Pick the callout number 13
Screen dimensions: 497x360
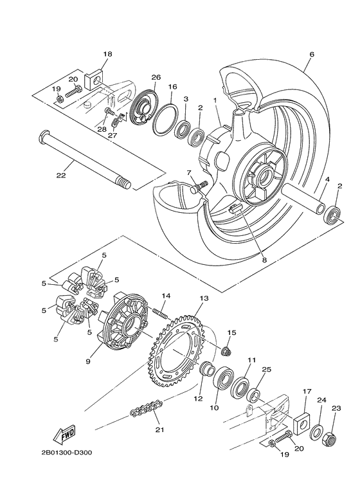(204, 299)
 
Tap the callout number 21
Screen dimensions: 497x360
(158, 429)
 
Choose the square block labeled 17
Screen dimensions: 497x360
(301, 422)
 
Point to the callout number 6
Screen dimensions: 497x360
(311, 55)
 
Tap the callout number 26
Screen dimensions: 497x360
(156, 77)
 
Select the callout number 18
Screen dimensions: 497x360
(107, 55)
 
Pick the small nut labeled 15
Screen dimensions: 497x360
(226, 350)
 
